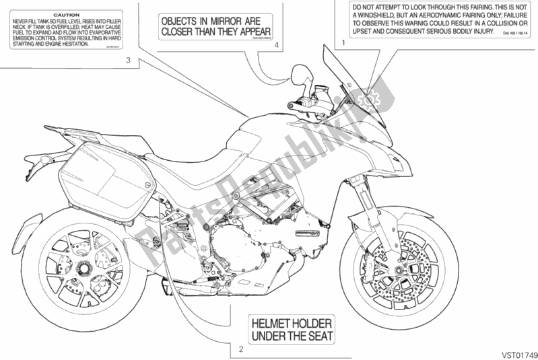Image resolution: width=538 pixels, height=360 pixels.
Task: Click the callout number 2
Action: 240,348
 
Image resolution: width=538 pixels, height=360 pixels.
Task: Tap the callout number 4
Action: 277,44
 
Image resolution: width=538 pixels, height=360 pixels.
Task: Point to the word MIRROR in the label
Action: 219,20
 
